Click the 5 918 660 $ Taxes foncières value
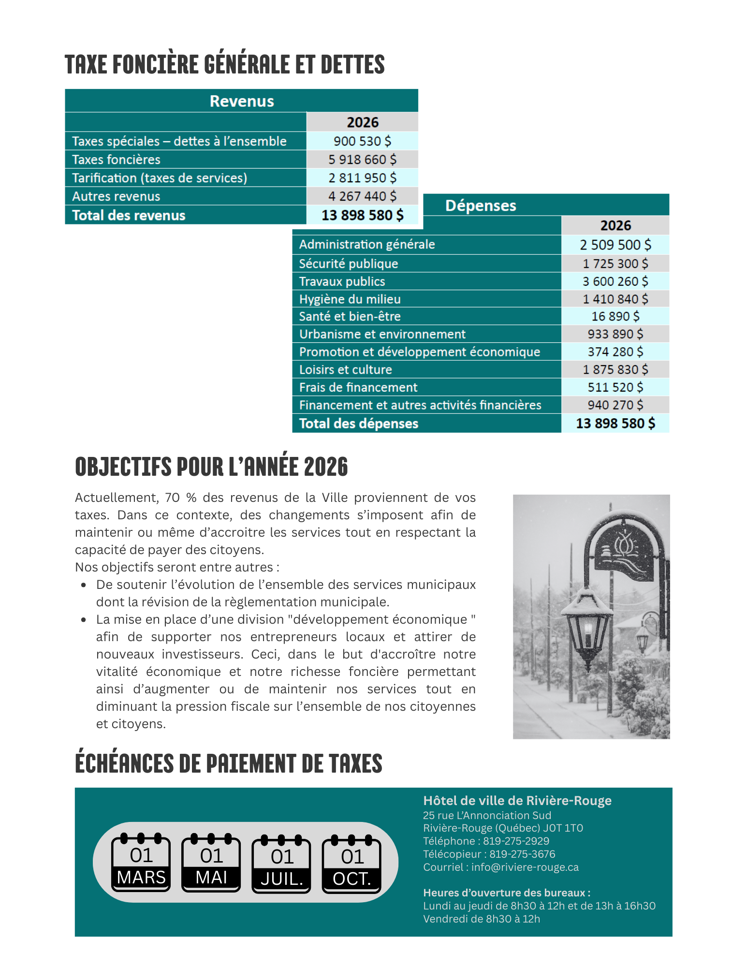click(x=362, y=160)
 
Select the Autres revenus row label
click(x=116, y=196)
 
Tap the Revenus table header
click(x=242, y=101)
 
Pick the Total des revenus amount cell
click(x=362, y=215)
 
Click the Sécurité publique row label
click(x=348, y=264)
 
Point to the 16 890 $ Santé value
click(x=615, y=316)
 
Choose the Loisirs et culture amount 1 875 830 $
click(x=615, y=369)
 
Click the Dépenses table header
click(x=481, y=205)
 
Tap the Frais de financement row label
click(x=358, y=387)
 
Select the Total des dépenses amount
click(x=615, y=424)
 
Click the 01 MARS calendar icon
click(x=141, y=863)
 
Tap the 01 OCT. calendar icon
click(x=352, y=864)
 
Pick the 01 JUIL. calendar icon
click(x=281, y=864)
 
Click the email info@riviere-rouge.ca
click(x=525, y=867)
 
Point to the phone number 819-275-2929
click(x=516, y=841)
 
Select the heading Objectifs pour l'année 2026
click(x=211, y=467)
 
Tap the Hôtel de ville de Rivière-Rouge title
click(x=517, y=801)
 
